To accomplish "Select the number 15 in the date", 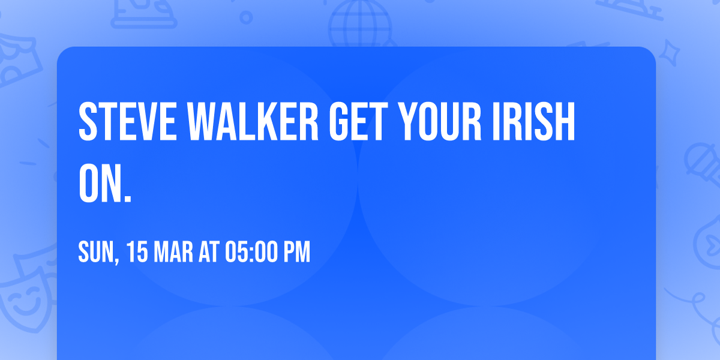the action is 137,252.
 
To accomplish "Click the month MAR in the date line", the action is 173,252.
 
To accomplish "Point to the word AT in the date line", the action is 209,252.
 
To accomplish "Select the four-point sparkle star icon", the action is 669,53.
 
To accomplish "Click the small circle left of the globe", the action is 246,17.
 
